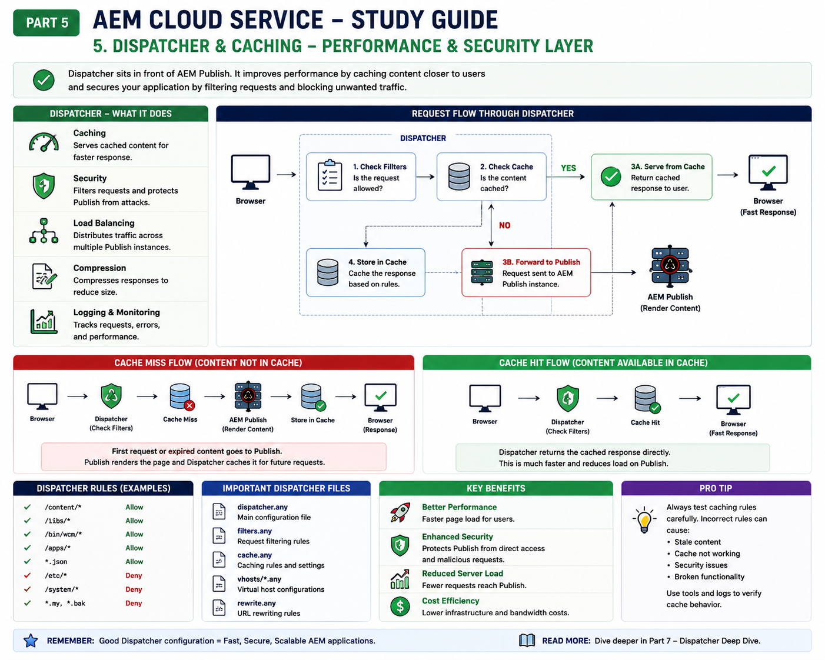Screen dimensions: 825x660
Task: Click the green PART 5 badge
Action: click(46, 22)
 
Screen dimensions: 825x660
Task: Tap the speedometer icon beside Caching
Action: click(44, 142)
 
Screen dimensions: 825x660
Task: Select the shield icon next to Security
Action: click(44, 186)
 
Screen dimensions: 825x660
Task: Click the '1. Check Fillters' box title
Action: click(380, 166)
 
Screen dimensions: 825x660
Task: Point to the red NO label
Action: click(504, 225)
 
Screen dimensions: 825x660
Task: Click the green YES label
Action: click(568, 168)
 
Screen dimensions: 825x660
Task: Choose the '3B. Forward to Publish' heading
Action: click(541, 262)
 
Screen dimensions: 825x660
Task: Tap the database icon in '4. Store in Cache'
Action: click(328, 272)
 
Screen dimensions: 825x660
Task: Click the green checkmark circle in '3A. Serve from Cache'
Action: click(611, 176)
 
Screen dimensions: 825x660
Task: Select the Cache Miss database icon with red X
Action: click(182, 396)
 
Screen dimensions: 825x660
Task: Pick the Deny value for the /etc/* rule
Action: click(134, 575)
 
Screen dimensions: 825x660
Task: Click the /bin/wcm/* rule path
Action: click(63, 534)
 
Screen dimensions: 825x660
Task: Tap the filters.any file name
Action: click(254, 531)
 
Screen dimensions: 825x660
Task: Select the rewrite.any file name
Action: click(256, 603)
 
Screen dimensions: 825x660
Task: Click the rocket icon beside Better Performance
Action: click(400, 512)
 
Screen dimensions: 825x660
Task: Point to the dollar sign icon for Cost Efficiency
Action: click(400, 606)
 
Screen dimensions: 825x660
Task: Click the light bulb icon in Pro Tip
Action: click(644, 520)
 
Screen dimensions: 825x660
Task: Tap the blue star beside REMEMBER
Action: click(31, 641)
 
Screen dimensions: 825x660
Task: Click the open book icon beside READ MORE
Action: click(527, 641)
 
